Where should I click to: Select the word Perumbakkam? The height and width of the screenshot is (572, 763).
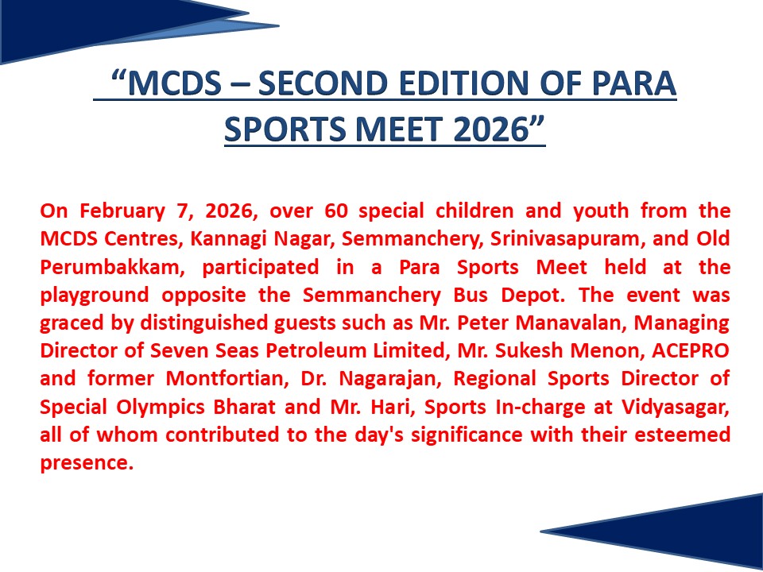pos(112,268)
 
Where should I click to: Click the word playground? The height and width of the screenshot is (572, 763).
pos(95,296)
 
